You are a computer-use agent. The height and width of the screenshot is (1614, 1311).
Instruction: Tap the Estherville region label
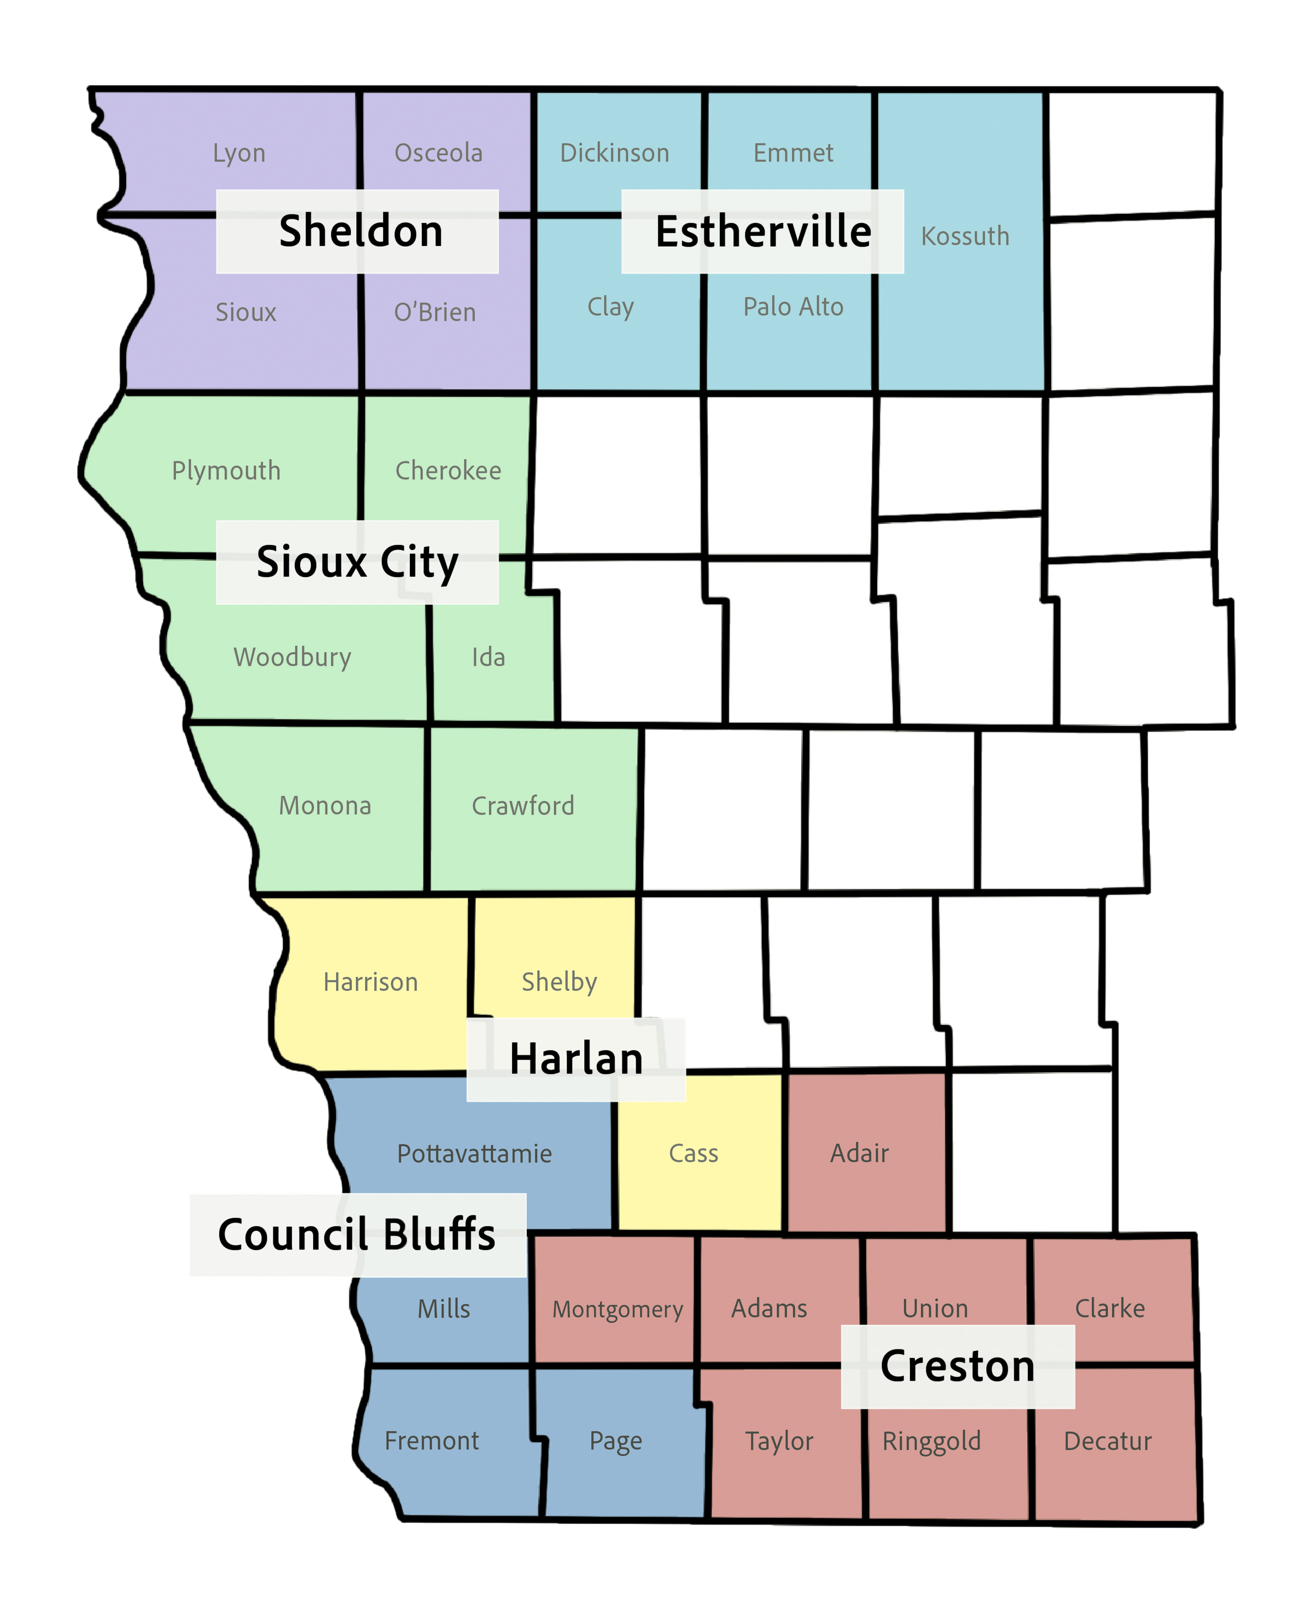pyautogui.click(x=763, y=231)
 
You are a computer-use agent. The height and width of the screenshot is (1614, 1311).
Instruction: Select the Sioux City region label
pyautogui.click(x=357, y=562)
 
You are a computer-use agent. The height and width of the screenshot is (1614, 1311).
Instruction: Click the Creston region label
pyautogui.click(x=957, y=1366)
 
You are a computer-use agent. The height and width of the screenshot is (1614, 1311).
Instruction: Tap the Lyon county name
pyautogui.click(x=239, y=154)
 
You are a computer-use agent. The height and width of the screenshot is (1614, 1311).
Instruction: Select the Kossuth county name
pyautogui.click(x=965, y=237)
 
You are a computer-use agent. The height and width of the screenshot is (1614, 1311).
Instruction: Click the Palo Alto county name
pyautogui.click(x=793, y=307)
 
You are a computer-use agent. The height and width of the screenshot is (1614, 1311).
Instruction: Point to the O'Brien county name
pyautogui.click(x=435, y=312)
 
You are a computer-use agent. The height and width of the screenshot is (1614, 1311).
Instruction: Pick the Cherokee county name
pyautogui.click(x=448, y=471)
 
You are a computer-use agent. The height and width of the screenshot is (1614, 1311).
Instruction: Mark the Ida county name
pyautogui.click(x=488, y=657)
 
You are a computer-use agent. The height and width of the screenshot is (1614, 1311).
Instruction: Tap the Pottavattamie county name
pyautogui.click(x=474, y=1154)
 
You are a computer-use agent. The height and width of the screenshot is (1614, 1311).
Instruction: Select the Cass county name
pyautogui.click(x=693, y=1154)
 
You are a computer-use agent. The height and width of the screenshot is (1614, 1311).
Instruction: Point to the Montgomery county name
pyautogui.click(x=617, y=1309)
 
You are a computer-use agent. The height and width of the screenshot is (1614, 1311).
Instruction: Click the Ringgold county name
pyautogui.click(x=931, y=1442)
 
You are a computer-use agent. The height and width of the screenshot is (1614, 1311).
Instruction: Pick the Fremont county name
pyautogui.click(x=431, y=1441)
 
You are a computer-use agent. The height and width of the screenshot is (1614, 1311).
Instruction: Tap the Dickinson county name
pyautogui.click(x=614, y=154)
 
